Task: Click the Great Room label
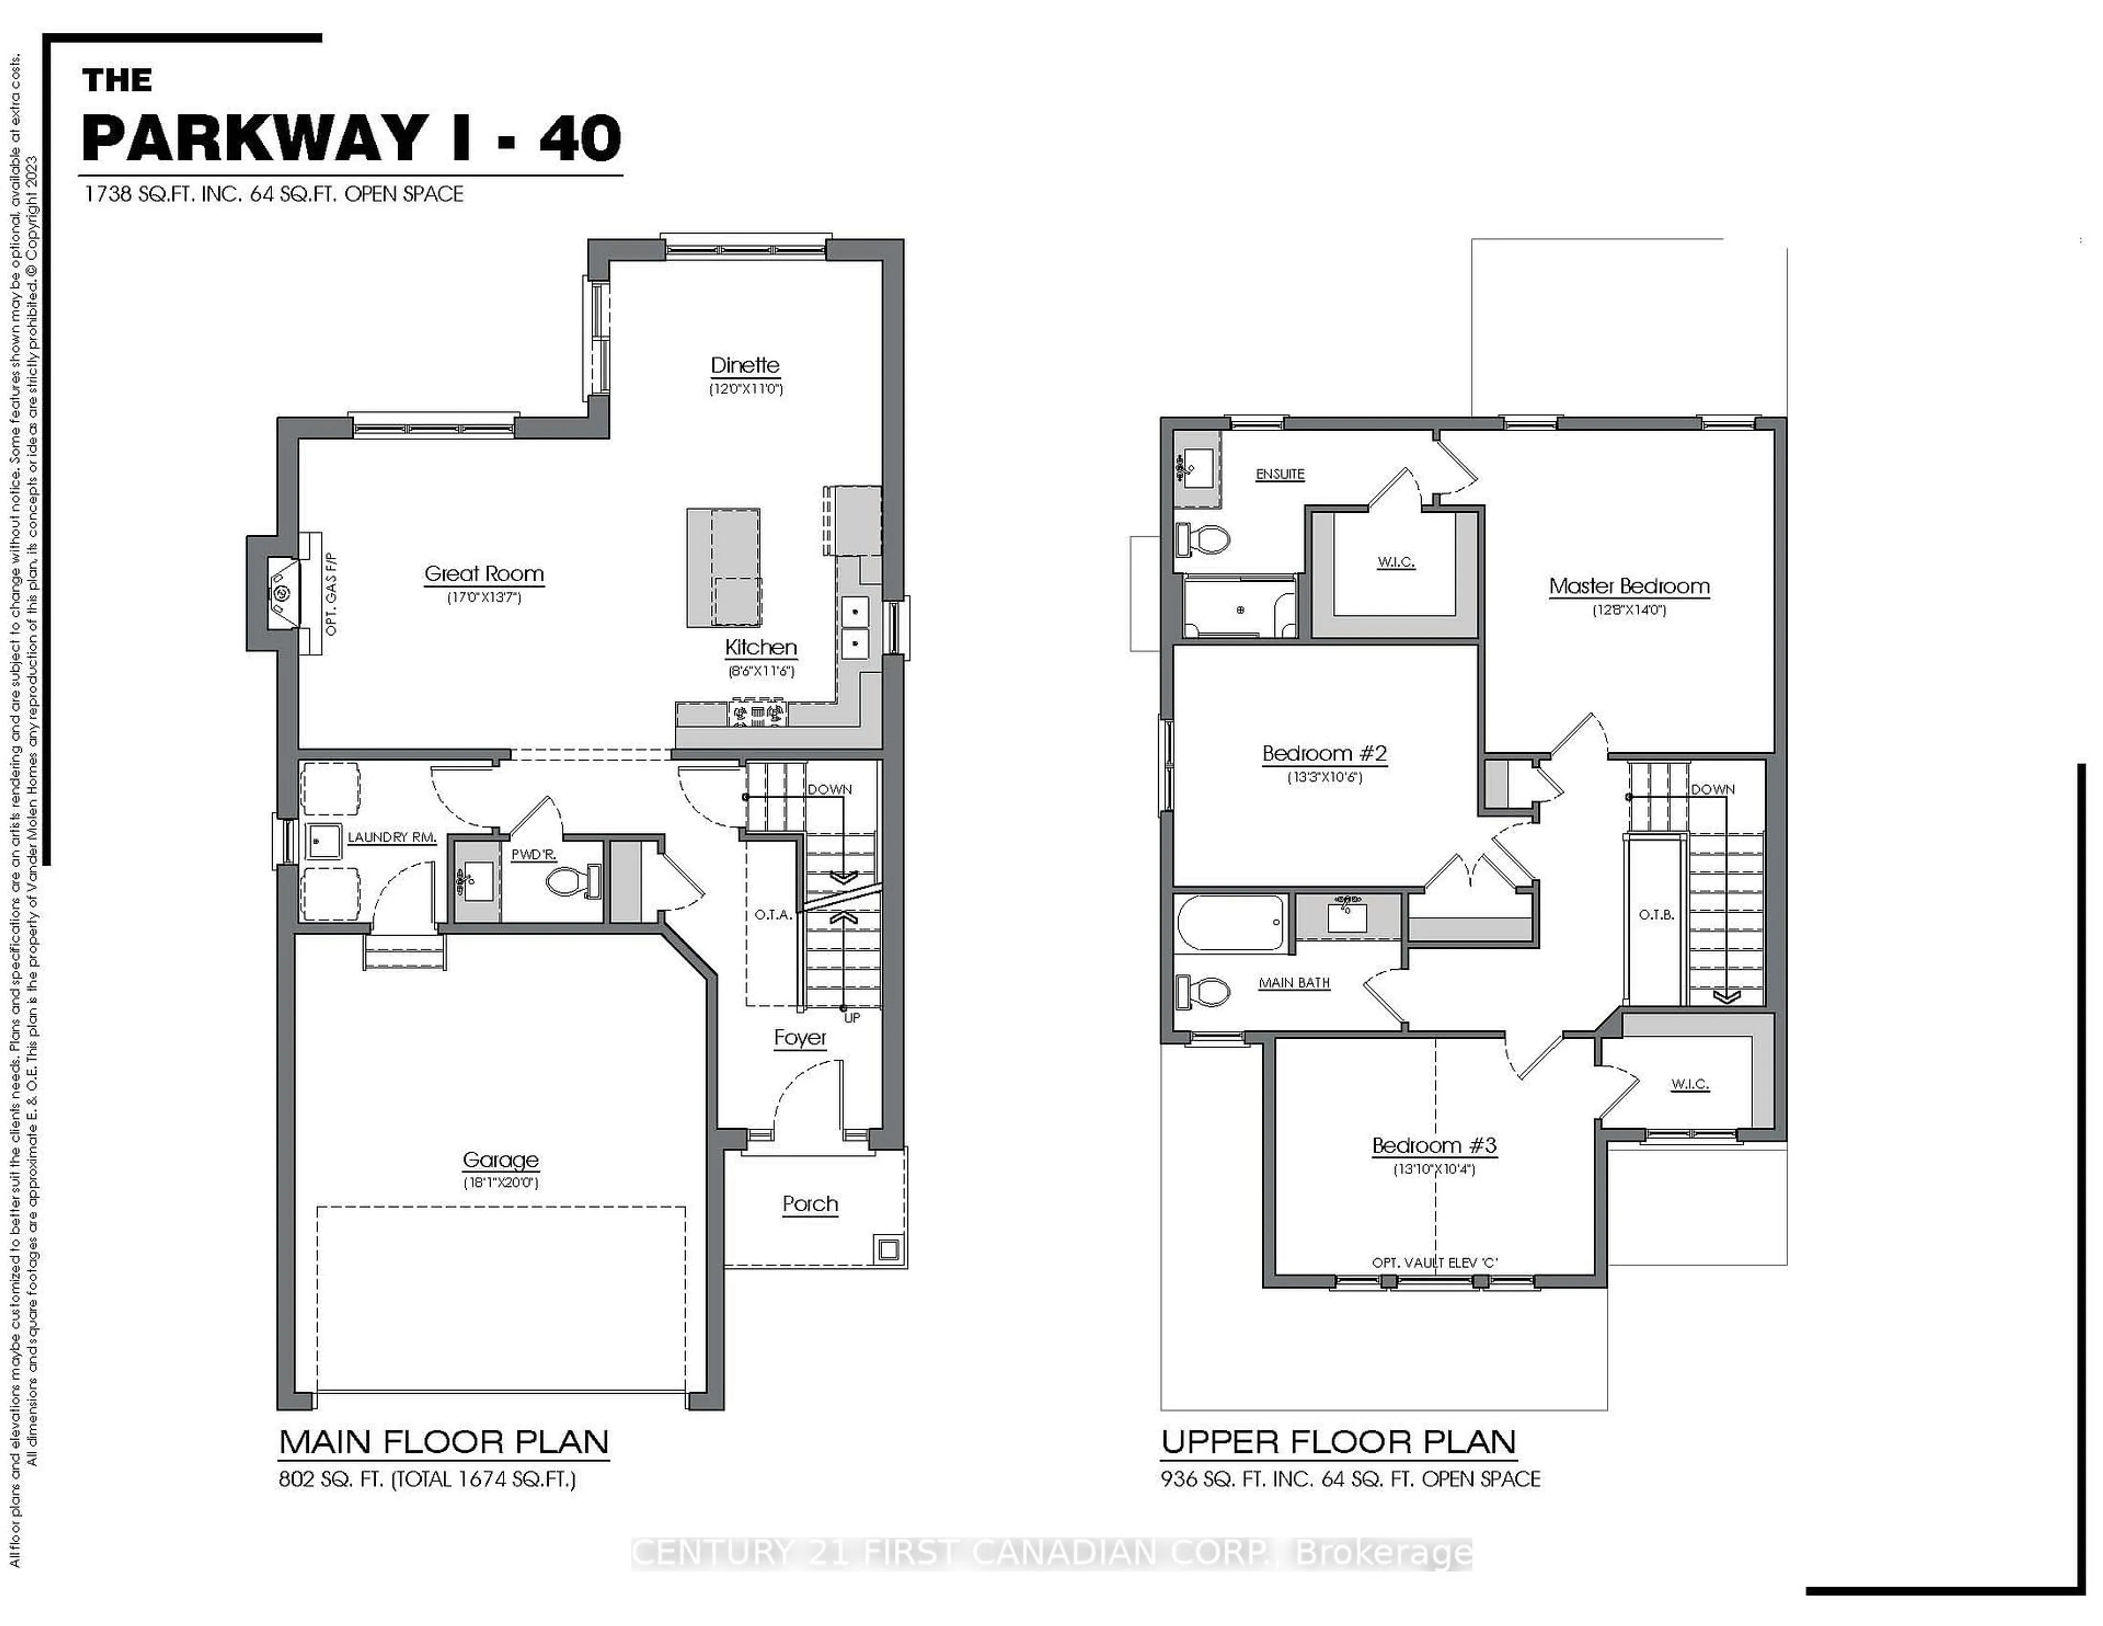point(484,574)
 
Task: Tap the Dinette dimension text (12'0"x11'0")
point(745,389)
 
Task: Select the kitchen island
point(723,568)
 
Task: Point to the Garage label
point(500,1160)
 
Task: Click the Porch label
point(810,1204)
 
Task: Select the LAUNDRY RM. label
point(391,837)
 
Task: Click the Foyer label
point(800,1038)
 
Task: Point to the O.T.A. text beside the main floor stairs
point(772,914)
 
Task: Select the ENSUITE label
point(1280,474)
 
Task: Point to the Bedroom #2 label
point(1324,753)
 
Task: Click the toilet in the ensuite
point(1203,540)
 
